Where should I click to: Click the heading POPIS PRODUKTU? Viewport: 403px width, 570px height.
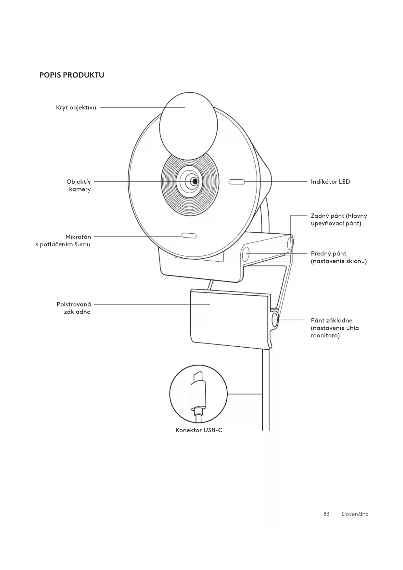tap(72, 75)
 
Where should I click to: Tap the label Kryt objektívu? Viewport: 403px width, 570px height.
tap(76, 108)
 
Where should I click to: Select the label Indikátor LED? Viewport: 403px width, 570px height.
tap(330, 182)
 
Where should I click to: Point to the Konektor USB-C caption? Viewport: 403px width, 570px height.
tap(199, 430)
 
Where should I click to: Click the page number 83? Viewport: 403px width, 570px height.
tap(326, 514)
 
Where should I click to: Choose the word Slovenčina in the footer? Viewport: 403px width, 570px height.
tap(355, 514)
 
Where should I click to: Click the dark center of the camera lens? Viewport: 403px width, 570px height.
tap(194, 181)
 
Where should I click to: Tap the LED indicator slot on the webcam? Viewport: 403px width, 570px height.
tap(237, 182)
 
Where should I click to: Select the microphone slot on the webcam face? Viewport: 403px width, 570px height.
tap(189, 236)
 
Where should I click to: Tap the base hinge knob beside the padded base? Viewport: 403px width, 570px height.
tap(275, 320)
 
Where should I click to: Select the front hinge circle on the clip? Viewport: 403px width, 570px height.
tap(246, 254)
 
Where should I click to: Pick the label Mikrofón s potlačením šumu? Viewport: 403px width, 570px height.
tap(64, 241)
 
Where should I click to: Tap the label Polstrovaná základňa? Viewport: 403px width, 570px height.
tap(74, 308)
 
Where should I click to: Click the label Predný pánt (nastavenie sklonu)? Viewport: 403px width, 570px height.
tap(339, 257)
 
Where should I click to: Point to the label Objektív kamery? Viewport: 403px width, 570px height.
tap(79, 185)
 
